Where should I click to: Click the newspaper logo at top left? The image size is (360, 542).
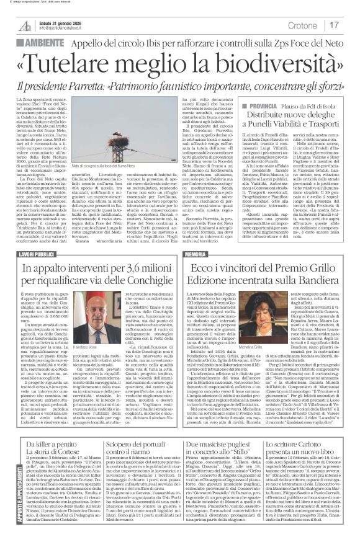(25, 25)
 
